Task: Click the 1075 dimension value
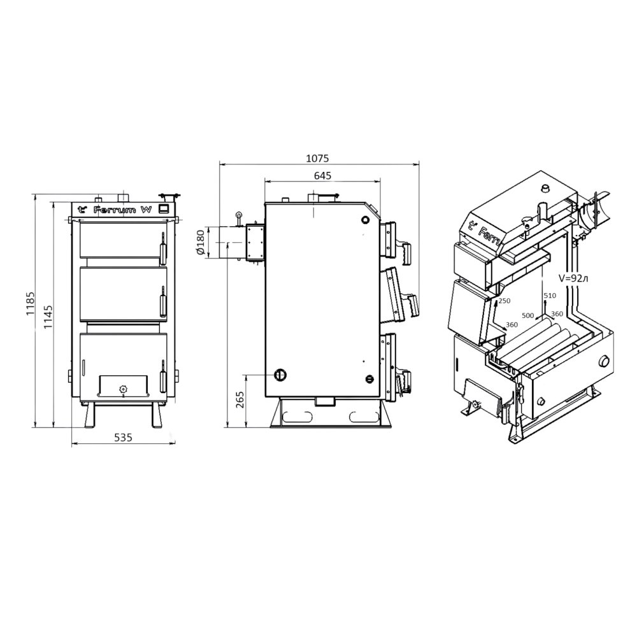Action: click(x=317, y=158)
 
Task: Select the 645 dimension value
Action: click(x=322, y=176)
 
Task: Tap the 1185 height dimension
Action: click(x=31, y=303)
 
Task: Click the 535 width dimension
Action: click(x=123, y=438)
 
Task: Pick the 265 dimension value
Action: click(x=240, y=400)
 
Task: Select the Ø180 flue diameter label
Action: click(x=200, y=243)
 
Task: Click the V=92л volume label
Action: click(x=573, y=278)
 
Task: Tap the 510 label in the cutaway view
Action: click(x=550, y=296)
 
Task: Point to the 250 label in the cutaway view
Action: click(x=504, y=301)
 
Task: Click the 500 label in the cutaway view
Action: click(x=527, y=315)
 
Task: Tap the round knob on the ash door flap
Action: click(x=123, y=389)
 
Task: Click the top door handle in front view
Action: click(x=163, y=248)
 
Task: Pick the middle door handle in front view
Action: click(x=163, y=301)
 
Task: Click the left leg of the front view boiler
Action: click(x=90, y=415)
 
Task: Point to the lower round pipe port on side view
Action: click(x=280, y=375)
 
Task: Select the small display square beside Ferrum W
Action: click(x=164, y=209)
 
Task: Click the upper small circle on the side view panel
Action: click(x=365, y=219)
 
